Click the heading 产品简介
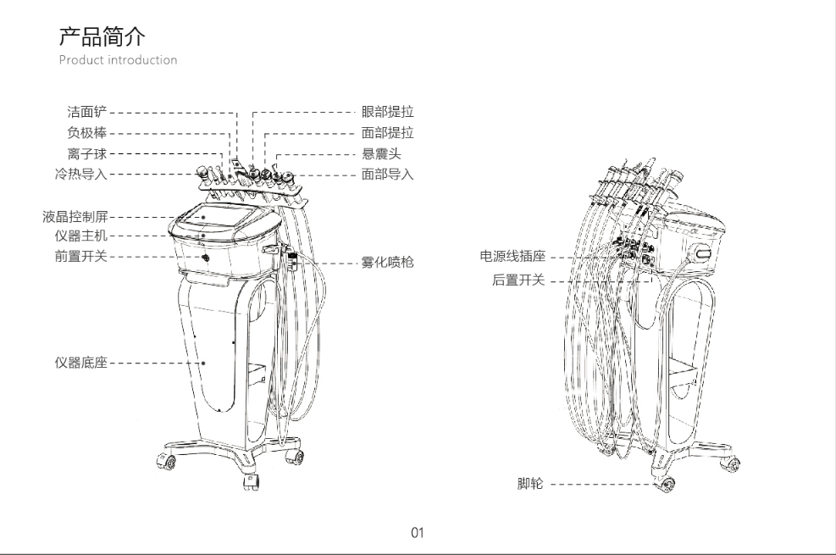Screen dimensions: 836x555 102,36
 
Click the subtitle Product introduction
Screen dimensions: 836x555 118,59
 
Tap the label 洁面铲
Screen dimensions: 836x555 87,112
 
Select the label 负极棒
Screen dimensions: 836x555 87,133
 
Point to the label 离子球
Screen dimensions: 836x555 87,154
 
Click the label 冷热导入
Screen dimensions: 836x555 81,175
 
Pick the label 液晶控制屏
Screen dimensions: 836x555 75,216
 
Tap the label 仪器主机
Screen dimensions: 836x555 81,236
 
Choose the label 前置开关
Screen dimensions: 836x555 81,257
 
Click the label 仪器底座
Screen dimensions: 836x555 81,363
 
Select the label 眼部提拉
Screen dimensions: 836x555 388,112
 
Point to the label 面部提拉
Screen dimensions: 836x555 388,133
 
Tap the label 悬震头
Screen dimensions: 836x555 381,154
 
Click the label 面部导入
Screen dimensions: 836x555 388,175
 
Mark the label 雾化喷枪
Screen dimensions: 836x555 388,263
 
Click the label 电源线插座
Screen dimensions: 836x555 513,257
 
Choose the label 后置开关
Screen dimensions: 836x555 518,280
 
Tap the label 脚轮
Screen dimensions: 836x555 530,484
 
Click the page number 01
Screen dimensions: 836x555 418,532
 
